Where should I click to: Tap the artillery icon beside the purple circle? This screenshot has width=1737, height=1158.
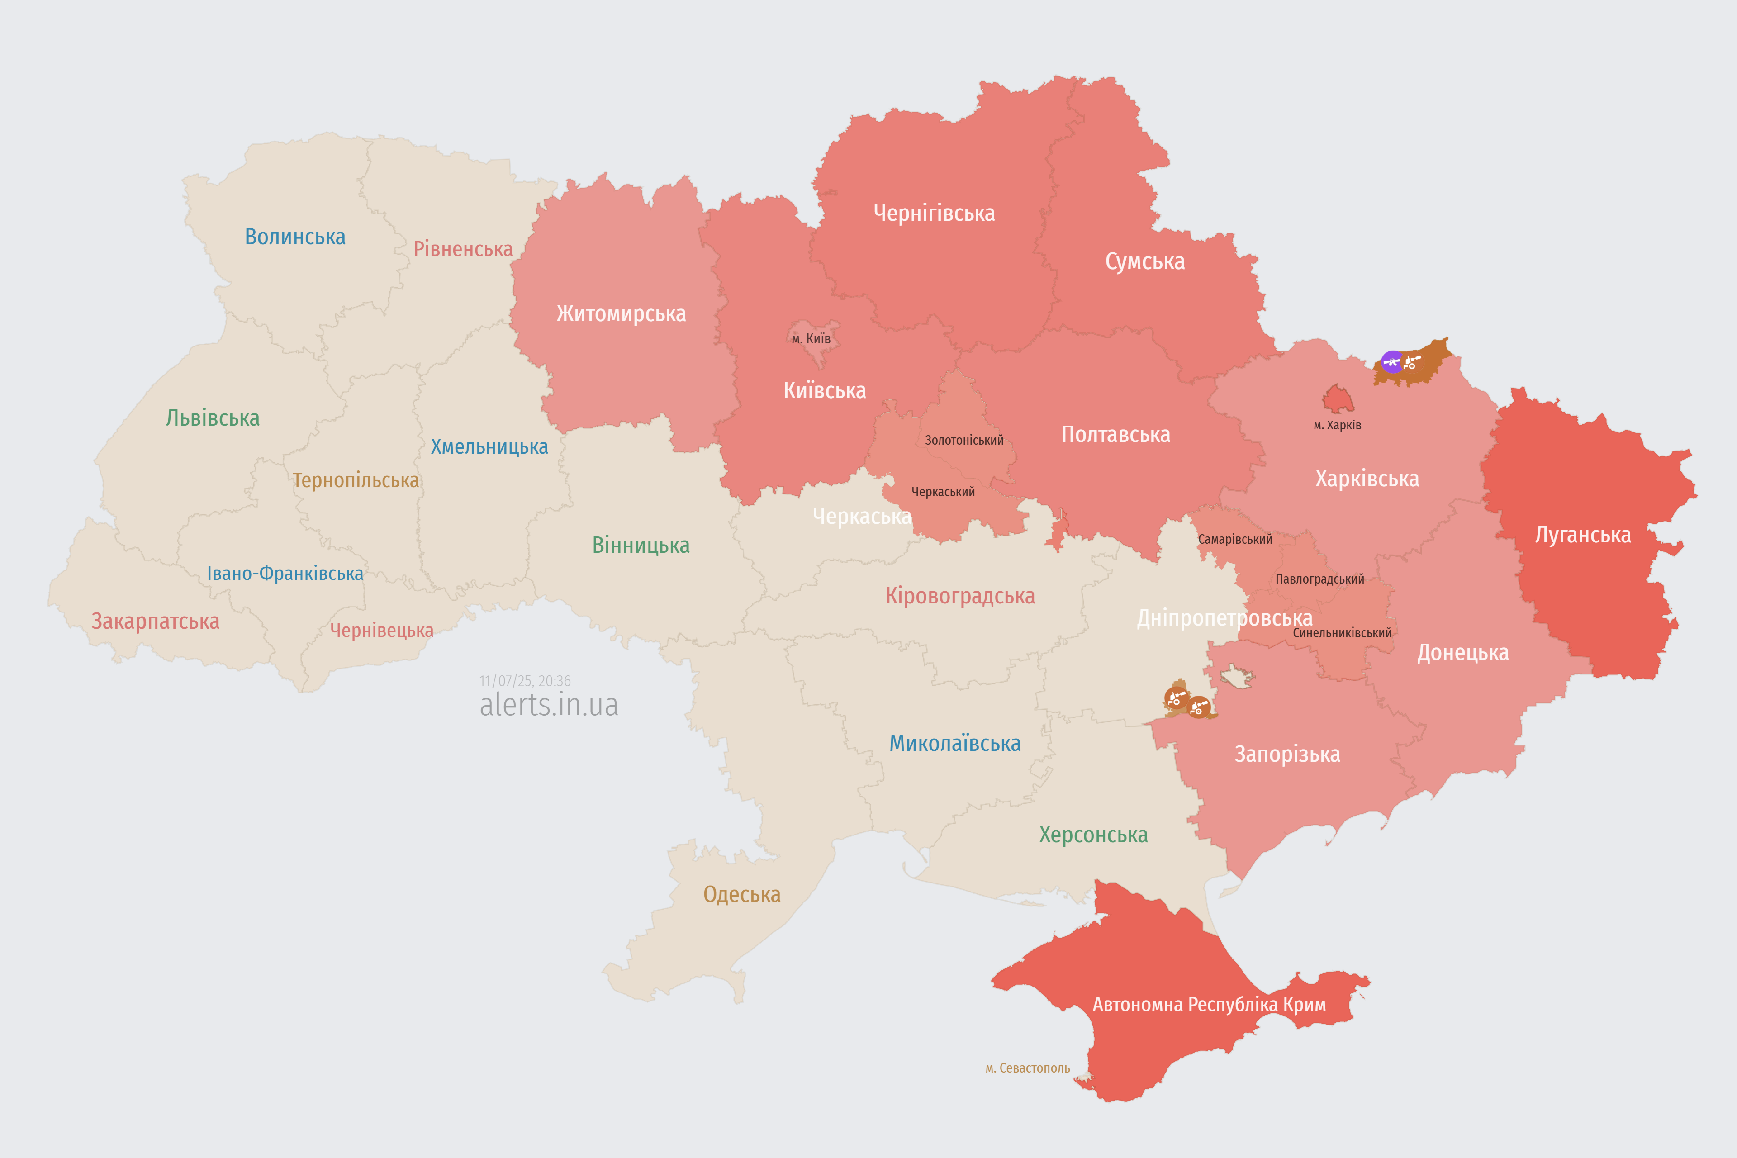pyautogui.click(x=1411, y=362)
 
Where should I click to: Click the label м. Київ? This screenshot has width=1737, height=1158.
pyautogui.click(x=811, y=339)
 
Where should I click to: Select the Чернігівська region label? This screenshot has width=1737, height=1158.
pyautogui.click(x=934, y=214)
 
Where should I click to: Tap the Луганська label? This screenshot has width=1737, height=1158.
pyautogui.click(x=1583, y=535)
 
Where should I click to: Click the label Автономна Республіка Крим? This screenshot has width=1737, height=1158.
pyautogui.click(x=1209, y=1004)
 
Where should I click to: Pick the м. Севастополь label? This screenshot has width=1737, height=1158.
pyautogui.click(x=1027, y=1068)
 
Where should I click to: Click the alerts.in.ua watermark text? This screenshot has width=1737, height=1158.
pyautogui.click(x=549, y=705)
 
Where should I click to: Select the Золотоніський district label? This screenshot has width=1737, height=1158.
pyautogui.click(x=964, y=440)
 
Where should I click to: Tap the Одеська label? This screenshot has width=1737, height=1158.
pyautogui.click(x=741, y=894)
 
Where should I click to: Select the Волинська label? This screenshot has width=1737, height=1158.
pyautogui.click(x=294, y=237)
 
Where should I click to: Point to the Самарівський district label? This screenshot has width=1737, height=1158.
pyautogui.click(x=1235, y=539)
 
